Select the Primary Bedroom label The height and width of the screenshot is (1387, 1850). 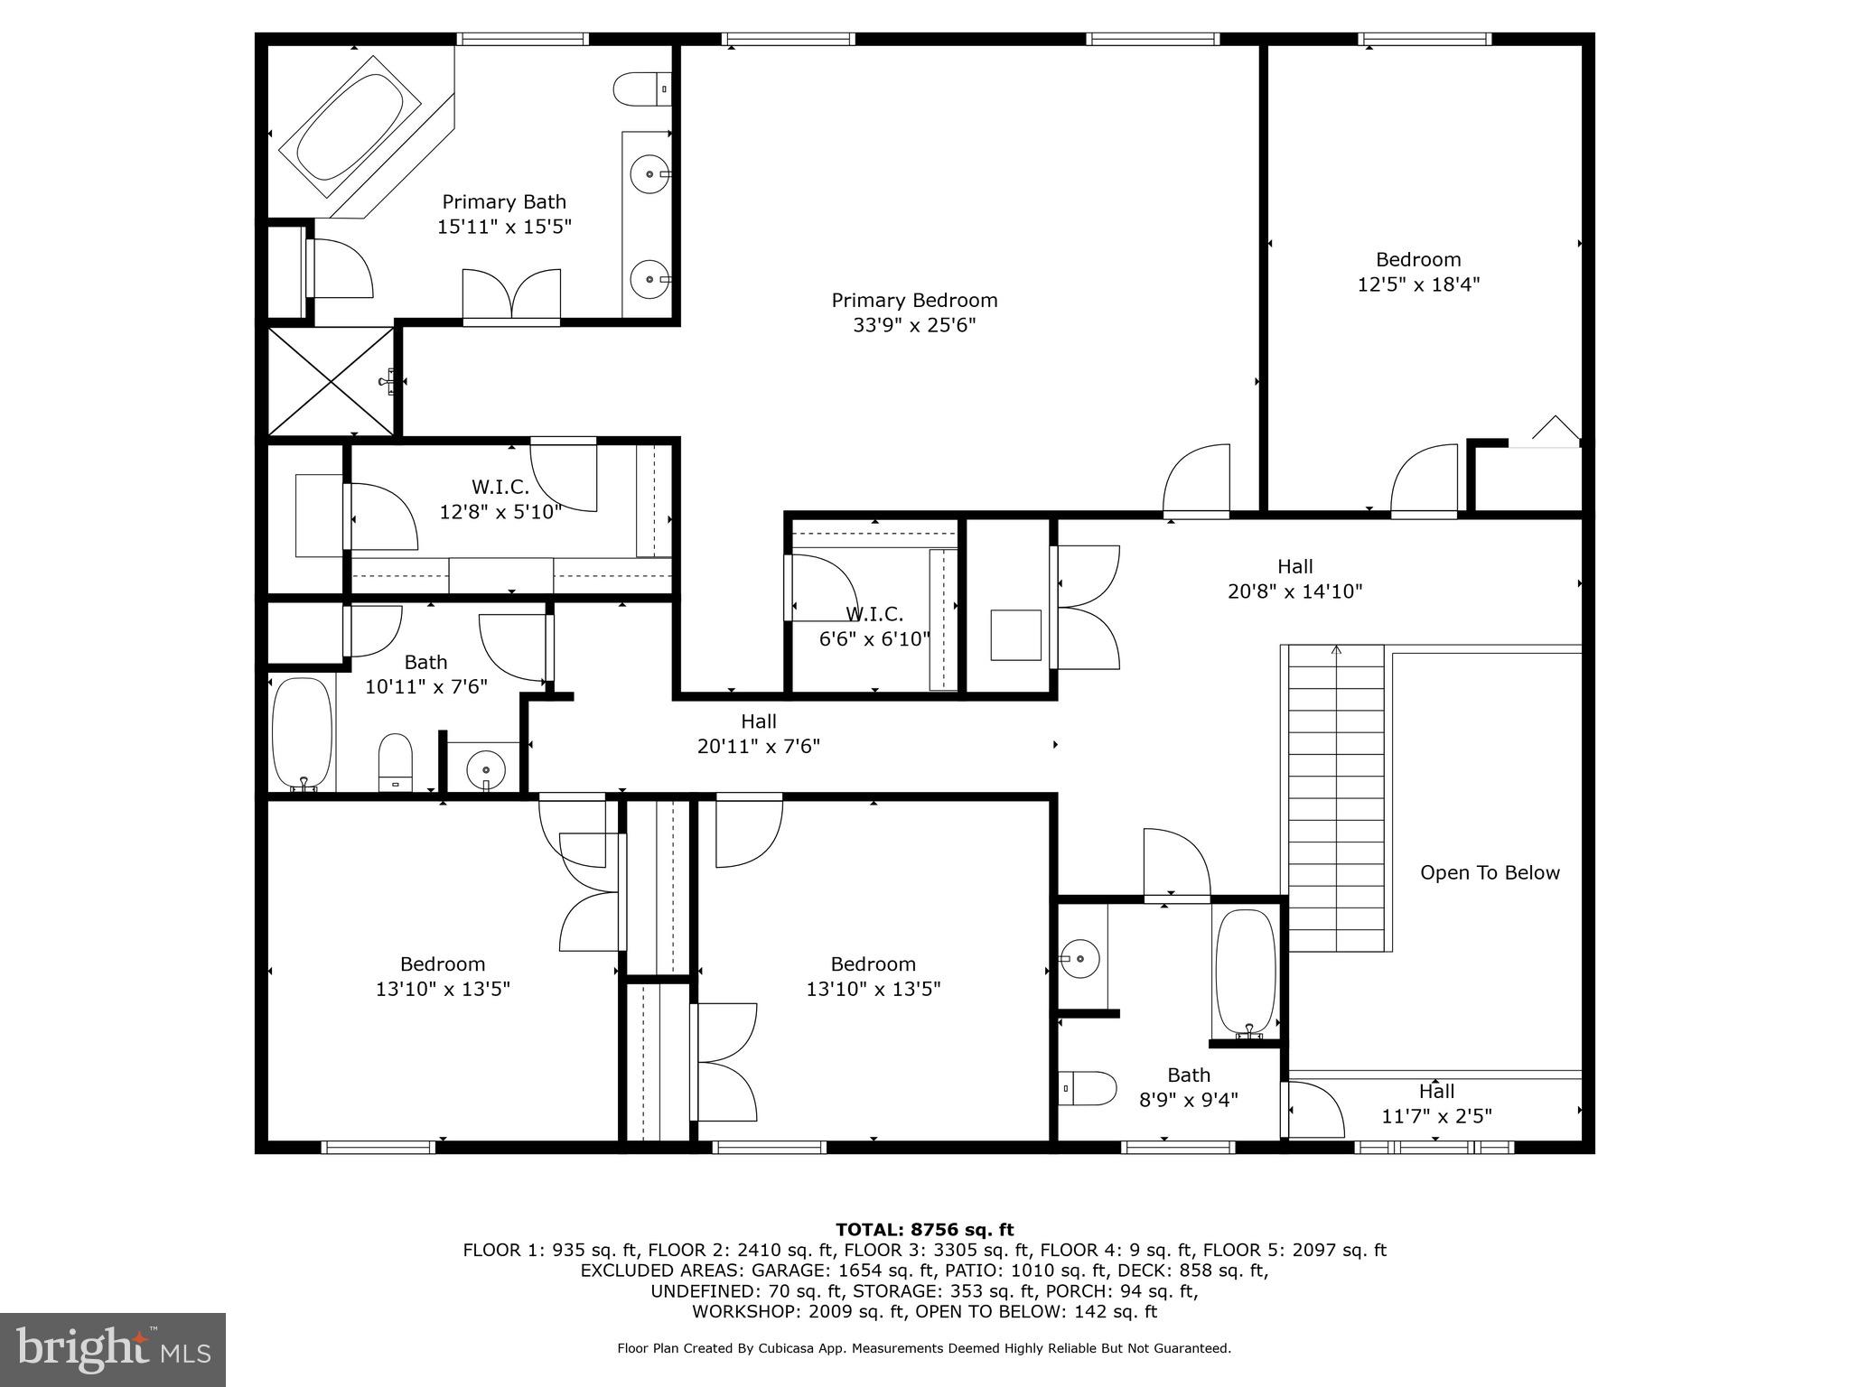coord(914,300)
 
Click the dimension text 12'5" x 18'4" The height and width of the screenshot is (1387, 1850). coord(1418,284)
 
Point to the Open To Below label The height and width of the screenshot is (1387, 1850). coord(1490,872)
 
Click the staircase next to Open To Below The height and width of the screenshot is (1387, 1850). coord(1336,799)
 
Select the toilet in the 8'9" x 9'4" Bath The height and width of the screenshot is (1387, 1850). coord(1088,1088)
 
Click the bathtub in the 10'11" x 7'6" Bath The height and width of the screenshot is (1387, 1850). coord(303,733)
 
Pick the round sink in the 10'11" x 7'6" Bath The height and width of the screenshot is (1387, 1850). coord(486,770)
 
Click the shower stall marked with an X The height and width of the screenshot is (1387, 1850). coord(331,382)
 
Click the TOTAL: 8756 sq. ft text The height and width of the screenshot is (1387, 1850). coord(924,1229)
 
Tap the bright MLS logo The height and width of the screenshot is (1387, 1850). coord(113,1350)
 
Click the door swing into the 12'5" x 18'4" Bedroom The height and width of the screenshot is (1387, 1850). coord(1425,480)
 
